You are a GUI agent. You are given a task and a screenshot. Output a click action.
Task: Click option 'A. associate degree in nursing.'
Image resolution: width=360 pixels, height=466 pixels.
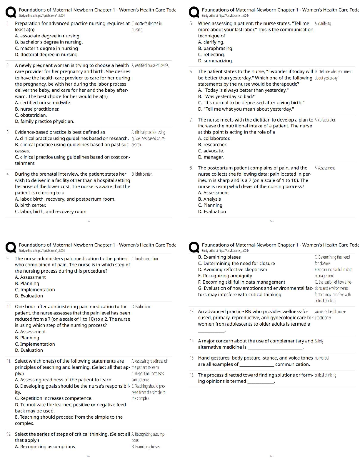(47, 36)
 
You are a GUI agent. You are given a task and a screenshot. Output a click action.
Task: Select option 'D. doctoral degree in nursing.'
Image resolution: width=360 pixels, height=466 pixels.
(46, 54)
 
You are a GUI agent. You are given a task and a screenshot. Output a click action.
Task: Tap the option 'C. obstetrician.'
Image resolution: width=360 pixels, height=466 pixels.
(31, 115)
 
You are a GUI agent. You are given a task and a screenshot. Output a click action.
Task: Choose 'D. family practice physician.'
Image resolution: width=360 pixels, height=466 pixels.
(44, 121)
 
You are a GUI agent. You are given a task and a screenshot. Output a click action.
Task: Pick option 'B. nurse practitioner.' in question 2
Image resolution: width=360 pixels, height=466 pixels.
(37, 109)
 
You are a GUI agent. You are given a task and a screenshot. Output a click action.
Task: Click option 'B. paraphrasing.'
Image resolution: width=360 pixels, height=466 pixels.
(215, 48)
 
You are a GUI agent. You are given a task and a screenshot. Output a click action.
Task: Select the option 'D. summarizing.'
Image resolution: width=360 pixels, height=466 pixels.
(215, 61)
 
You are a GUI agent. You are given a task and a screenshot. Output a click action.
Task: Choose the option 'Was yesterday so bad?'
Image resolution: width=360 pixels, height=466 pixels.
(227, 96)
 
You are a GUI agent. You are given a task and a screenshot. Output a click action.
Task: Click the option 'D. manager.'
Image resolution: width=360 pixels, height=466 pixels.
(211, 157)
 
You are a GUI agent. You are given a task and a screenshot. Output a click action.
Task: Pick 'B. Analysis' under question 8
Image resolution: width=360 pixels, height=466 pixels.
(209, 199)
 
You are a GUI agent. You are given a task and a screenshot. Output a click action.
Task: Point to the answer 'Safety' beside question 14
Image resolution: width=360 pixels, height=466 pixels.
(319, 341)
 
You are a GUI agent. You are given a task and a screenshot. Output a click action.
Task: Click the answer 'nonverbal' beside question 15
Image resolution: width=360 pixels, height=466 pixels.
(321, 358)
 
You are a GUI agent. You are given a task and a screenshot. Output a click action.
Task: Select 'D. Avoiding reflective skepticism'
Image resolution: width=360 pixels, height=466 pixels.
(233, 269)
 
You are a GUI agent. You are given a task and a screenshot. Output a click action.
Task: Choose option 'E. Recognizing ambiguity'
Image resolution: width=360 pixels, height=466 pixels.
(225, 276)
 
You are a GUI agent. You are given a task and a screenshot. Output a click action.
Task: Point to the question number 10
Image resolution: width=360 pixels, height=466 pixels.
(9, 307)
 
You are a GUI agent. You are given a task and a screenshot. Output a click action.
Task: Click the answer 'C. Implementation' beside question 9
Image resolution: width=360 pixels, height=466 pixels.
(145, 259)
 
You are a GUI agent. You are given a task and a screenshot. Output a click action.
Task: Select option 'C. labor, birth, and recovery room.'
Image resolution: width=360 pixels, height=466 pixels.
(51, 212)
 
